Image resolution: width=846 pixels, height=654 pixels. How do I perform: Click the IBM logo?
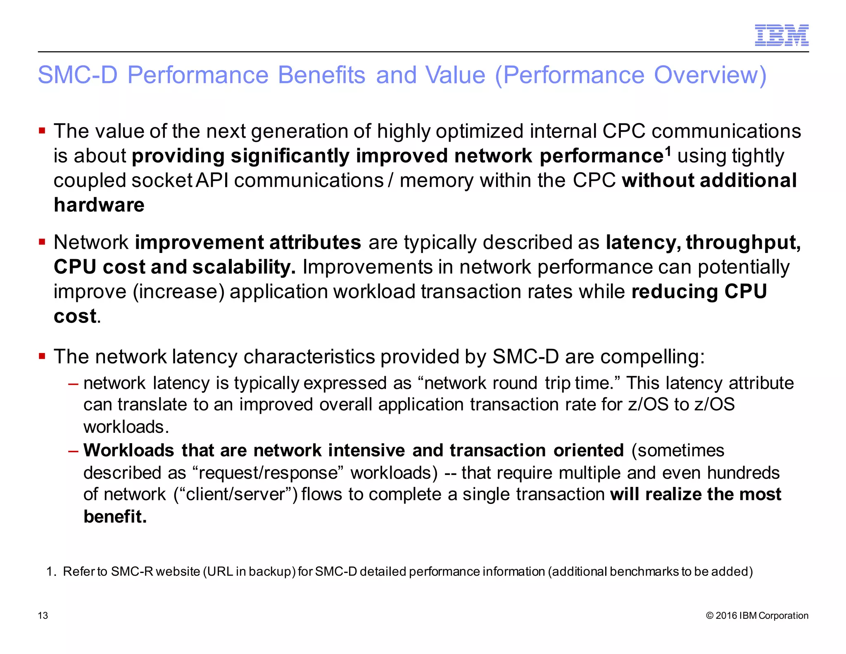point(782,35)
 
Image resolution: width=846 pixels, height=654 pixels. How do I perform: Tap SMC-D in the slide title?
point(78,75)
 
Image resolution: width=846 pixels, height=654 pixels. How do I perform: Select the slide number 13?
point(43,616)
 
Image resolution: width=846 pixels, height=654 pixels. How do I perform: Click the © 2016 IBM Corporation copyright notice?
point(757,616)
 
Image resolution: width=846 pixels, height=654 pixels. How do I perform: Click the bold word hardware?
point(99,205)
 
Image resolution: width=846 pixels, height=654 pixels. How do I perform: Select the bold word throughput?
point(743,243)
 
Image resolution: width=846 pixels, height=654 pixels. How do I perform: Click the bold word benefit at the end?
point(115,517)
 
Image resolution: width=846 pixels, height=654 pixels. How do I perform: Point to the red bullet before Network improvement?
point(42,242)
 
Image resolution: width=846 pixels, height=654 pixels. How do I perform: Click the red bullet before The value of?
point(42,131)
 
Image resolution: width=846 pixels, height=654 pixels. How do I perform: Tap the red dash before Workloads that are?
point(73,451)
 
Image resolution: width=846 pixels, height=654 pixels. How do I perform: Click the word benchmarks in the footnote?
point(644,572)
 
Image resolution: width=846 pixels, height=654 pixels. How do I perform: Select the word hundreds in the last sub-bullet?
point(743,473)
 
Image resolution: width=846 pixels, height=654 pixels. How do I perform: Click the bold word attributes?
point(315,243)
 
